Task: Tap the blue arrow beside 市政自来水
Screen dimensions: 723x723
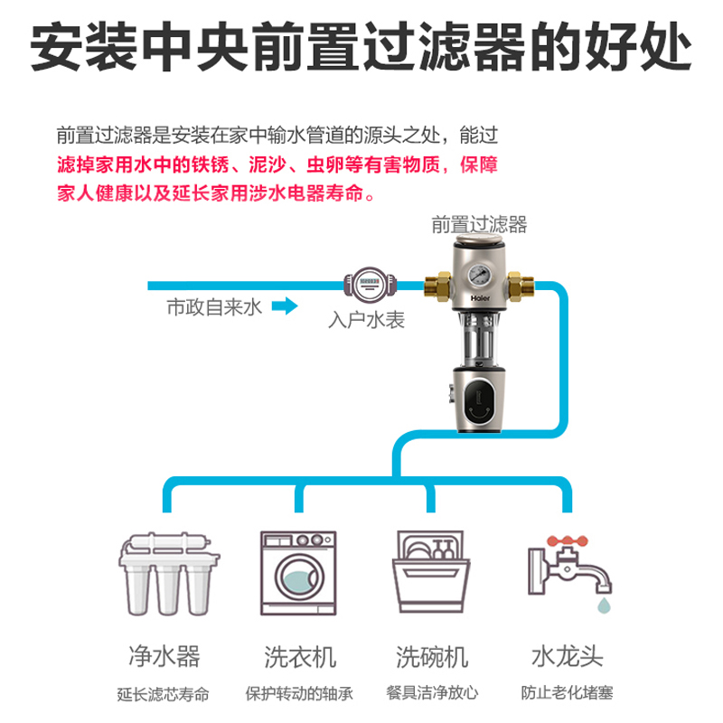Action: (x=285, y=308)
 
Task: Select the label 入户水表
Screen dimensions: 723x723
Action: (x=366, y=320)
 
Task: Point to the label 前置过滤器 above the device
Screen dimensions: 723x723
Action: (x=480, y=223)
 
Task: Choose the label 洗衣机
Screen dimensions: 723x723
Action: (x=299, y=653)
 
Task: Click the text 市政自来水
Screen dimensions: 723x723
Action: (x=212, y=308)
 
